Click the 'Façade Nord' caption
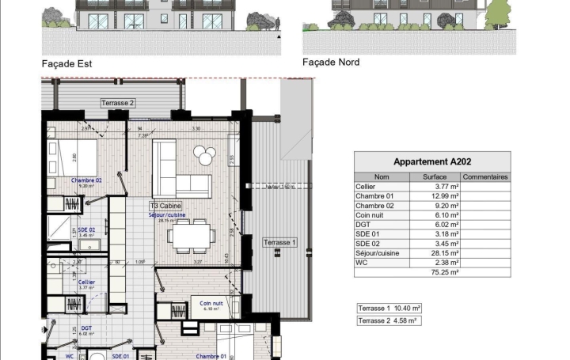click(x=332, y=62)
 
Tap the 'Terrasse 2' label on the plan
click(x=118, y=103)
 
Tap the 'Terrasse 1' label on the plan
click(x=279, y=242)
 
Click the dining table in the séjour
click(x=191, y=234)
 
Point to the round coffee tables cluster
click(x=206, y=156)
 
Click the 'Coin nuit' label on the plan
click(x=211, y=303)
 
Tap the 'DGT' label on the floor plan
click(x=86, y=328)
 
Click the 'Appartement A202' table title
click(x=432, y=161)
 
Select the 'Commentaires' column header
click(x=484, y=177)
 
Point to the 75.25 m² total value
click(x=434, y=272)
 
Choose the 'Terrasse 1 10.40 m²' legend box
click(x=389, y=307)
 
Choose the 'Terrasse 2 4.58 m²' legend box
click(x=388, y=320)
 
